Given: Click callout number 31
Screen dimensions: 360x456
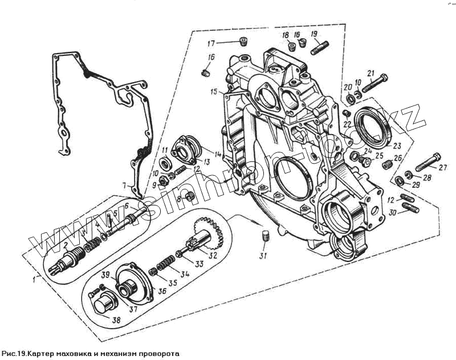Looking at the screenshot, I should tap(263, 256).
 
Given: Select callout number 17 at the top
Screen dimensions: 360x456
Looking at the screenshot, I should tap(211, 43).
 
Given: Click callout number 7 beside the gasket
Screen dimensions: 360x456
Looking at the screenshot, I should tap(124, 185).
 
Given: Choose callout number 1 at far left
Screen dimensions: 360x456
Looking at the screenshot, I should tap(35, 280).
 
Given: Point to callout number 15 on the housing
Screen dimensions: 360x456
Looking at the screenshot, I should tap(213, 92).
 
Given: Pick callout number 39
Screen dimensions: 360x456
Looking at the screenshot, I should tap(105, 275).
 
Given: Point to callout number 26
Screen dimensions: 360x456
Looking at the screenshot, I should tap(398, 159).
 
